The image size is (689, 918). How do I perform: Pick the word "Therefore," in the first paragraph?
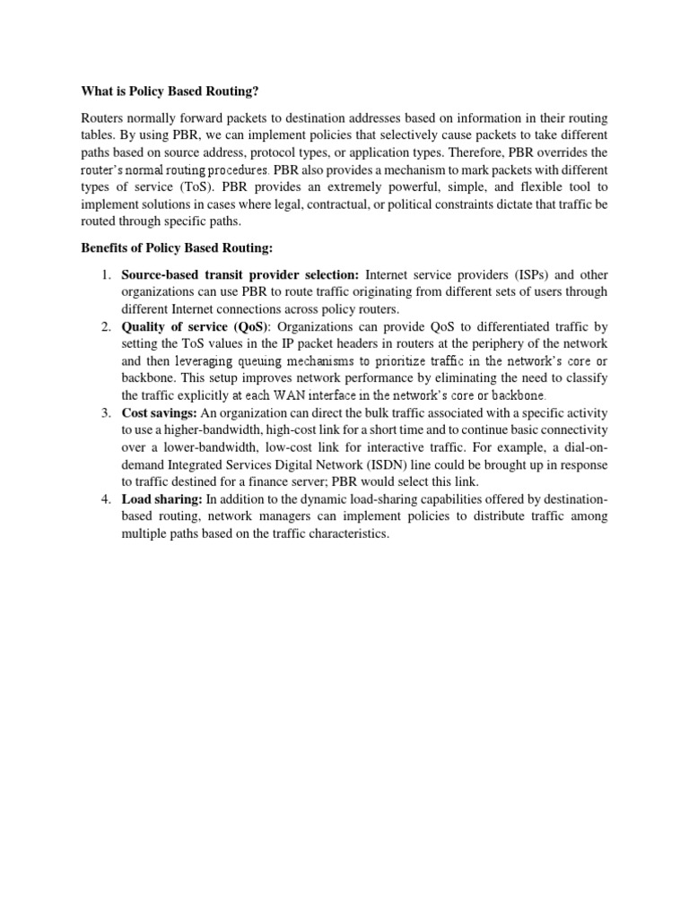click(x=486, y=152)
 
